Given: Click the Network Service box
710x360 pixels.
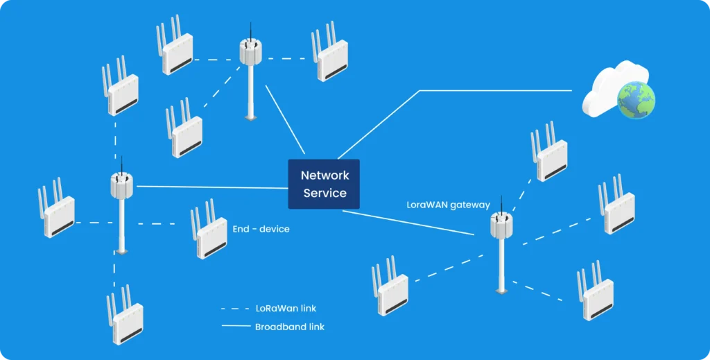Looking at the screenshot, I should (x=324, y=184).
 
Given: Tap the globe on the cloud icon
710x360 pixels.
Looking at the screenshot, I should (x=636, y=100).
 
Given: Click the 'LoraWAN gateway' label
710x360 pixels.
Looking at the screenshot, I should (x=448, y=205).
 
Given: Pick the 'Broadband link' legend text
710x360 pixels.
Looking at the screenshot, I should (x=289, y=327).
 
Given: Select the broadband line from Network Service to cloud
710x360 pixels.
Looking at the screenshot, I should (x=451, y=90).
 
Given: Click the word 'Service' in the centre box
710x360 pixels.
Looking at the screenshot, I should (x=324, y=194).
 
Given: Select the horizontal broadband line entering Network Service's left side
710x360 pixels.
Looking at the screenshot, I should (x=208, y=187).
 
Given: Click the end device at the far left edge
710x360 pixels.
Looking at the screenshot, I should (x=57, y=209).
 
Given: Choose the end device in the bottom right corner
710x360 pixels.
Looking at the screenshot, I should (x=596, y=291).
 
